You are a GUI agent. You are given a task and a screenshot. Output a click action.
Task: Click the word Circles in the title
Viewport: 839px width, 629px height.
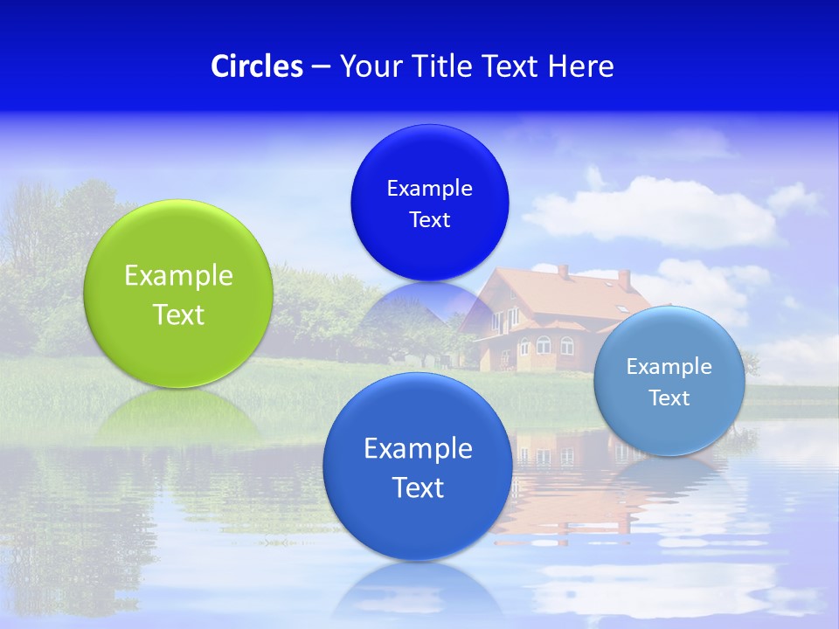pos(257,66)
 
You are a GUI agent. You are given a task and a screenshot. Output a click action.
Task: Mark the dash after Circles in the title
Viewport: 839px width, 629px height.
pos(321,67)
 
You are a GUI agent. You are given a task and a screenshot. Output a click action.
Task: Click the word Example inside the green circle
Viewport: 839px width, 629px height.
pos(178,276)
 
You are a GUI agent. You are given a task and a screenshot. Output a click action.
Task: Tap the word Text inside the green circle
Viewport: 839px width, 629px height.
pos(178,314)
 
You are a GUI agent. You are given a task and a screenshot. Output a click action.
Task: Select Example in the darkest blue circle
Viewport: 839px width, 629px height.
pos(429,189)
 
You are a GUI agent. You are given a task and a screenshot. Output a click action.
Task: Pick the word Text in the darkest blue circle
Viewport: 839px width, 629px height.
pos(429,220)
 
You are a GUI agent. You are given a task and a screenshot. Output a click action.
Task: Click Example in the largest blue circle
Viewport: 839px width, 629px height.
pos(418,449)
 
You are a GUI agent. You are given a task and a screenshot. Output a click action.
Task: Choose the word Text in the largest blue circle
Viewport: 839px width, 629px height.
pos(418,487)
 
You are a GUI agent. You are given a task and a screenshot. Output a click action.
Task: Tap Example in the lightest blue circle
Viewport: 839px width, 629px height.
pos(669,367)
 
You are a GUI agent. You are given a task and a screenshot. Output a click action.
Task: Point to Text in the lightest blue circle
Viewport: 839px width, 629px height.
pos(669,398)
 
